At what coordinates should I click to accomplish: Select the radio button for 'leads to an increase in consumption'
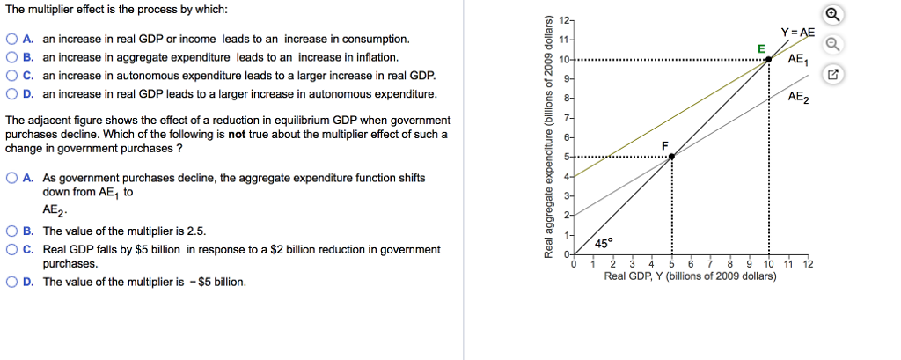(11, 40)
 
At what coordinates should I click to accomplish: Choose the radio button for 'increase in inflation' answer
(11, 58)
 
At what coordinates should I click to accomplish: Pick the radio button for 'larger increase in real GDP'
(11, 77)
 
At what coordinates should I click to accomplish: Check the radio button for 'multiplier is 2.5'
(11, 231)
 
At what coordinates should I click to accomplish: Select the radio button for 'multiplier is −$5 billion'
(11, 283)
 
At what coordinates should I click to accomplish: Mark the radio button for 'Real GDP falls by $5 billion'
(11, 250)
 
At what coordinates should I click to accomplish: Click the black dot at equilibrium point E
(769, 59)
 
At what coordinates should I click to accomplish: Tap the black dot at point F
(671, 157)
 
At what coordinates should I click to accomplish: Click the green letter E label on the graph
(761, 47)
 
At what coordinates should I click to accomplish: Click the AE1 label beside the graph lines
(798, 60)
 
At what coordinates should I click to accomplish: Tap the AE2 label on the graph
(798, 98)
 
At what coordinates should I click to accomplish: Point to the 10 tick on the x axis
(769, 264)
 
